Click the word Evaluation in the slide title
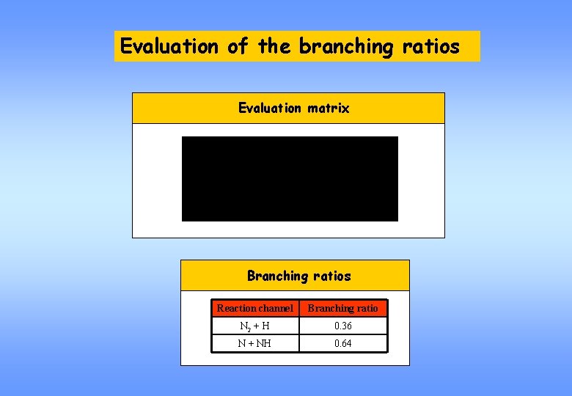click(x=169, y=46)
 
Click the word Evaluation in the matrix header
click(x=270, y=108)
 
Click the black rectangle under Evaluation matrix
click(x=290, y=179)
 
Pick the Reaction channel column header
click(x=255, y=308)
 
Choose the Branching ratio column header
click(x=342, y=308)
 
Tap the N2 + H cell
click(x=255, y=326)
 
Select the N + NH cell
click(x=255, y=343)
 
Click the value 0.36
click(x=342, y=326)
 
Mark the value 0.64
click(x=342, y=343)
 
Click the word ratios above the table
click(x=331, y=276)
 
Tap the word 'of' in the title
click(x=238, y=46)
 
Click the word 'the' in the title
click(x=274, y=46)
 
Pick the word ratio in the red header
click(x=364, y=308)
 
